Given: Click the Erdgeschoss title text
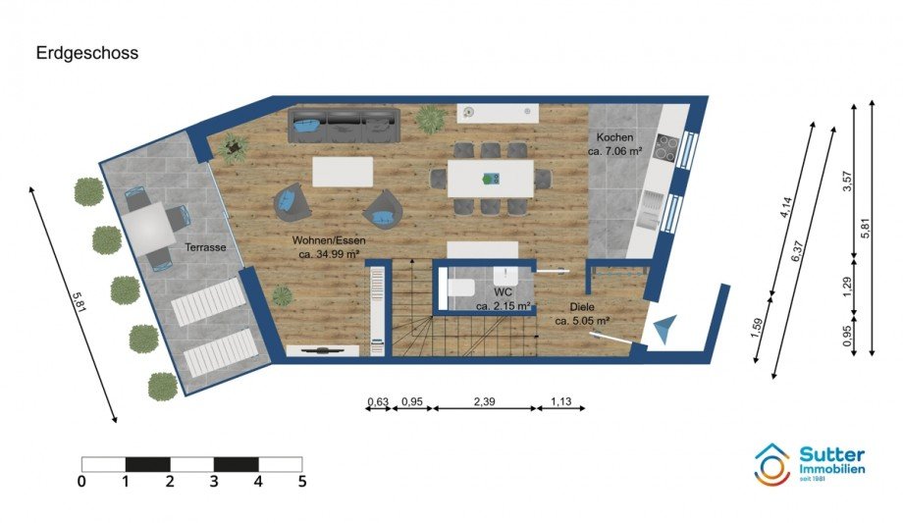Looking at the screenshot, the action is tap(87, 53).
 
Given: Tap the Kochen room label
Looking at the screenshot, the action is tap(614, 137).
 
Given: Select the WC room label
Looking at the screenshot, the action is tap(503, 292).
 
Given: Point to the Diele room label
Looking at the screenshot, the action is tap(582, 307).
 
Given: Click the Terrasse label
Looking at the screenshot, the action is tap(205, 247).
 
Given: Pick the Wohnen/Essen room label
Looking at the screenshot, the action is tap(329, 240).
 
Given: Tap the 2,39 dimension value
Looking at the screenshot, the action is tap(484, 401).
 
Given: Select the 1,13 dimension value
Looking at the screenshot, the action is tap(560, 401).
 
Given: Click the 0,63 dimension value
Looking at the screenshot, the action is tap(378, 401).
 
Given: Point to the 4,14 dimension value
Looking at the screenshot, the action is tap(786, 207).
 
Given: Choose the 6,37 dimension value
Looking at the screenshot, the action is tap(798, 251).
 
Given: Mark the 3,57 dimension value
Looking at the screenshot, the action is tap(847, 182).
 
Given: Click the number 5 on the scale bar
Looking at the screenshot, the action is tap(302, 482).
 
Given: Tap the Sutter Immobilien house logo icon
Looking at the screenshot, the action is tap(772, 464).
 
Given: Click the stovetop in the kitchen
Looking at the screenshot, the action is tap(666, 148).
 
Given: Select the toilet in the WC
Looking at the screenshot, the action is tap(459, 287).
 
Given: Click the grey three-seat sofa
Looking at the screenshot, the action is tap(344, 125).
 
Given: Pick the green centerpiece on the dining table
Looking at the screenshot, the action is tap(491, 179).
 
